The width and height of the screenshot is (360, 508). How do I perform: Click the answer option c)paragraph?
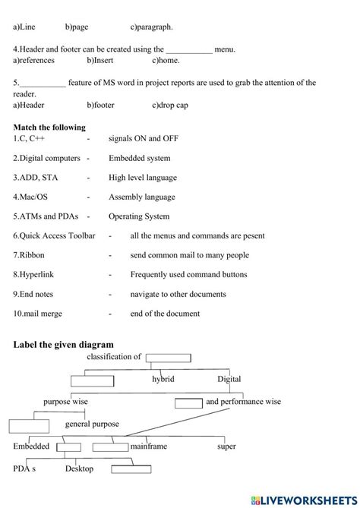click(151, 27)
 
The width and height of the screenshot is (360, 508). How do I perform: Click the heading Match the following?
click(49, 128)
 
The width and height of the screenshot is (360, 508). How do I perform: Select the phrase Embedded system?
click(139, 158)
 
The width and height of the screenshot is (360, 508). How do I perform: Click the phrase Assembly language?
click(141, 197)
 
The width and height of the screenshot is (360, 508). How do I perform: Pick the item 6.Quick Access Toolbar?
click(54, 236)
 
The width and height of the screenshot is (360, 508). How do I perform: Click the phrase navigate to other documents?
click(178, 295)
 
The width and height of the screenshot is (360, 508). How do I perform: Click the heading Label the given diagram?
click(63, 344)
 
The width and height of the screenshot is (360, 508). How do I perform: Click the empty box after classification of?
click(170, 358)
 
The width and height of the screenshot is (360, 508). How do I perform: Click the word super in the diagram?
click(226, 446)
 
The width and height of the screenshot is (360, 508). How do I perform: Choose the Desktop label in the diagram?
click(79, 469)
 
